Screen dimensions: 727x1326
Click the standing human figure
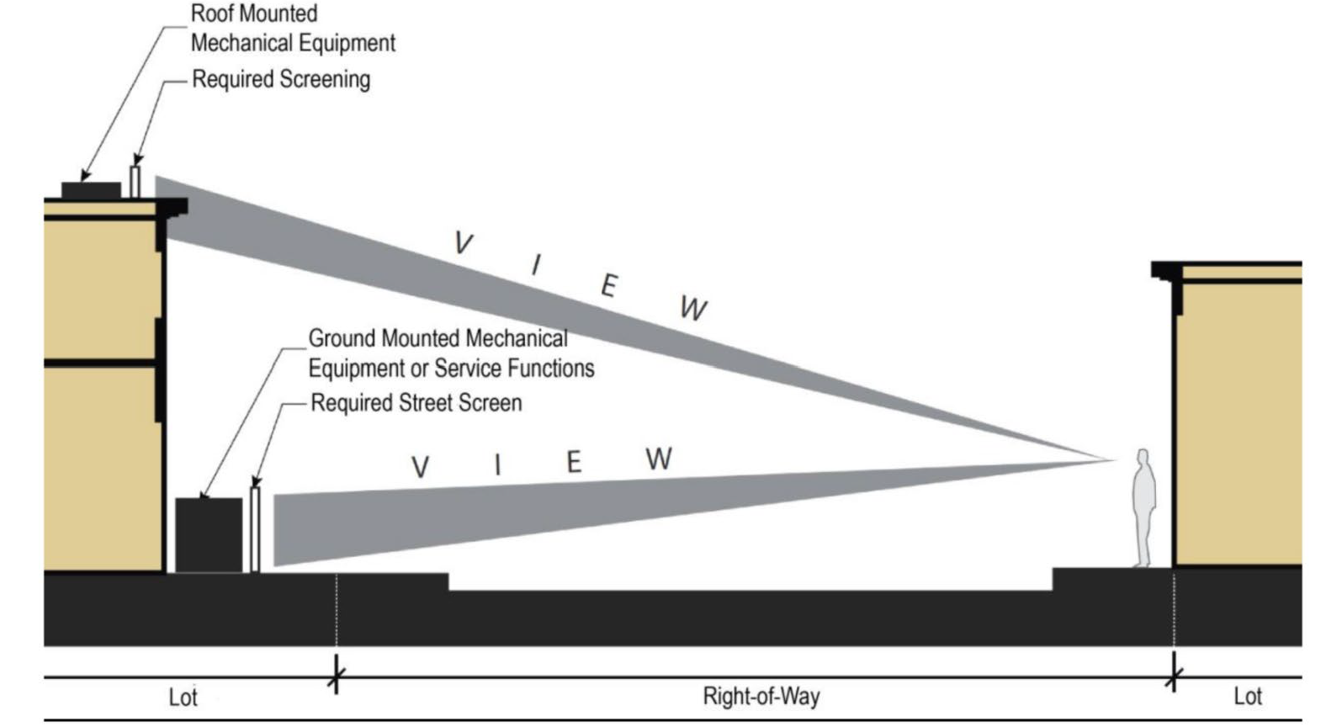pyautogui.click(x=1143, y=510)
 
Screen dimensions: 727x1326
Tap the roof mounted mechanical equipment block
pyautogui.click(x=90, y=191)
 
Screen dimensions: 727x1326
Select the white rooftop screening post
pyautogui.click(x=135, y=181)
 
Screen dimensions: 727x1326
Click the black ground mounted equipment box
pyautogui.click(x=208, y=535)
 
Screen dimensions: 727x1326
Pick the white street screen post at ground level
pyautogui.click(x=255, y=529)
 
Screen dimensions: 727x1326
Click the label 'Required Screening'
pyautogui.click(x=281, y=79)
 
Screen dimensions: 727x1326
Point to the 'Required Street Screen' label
pyautogui.click(x=416, y=403)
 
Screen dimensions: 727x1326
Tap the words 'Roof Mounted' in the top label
pyautogui.click(x=254, y=14)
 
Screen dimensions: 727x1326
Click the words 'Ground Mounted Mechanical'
pyautogui.click(x=438, y=338)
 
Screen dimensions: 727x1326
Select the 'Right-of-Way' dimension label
pyautogui.click(x=761, y=697)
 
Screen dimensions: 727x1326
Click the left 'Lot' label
pyautogui.click(x=183, y=698)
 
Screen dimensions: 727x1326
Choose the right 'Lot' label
pyautogui.click(x=1247, y=697)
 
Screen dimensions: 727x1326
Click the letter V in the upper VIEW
pyautogui.click(x=463, y=243)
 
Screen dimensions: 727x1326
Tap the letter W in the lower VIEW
pyautogui.click(x=659, y=459)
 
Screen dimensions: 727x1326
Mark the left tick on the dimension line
pyautogui.click(x=337, y=676)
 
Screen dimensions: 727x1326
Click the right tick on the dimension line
pyautogui.click(x=1174, y=676)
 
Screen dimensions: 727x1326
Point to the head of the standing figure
pyautogui.click(x=1143, y=457)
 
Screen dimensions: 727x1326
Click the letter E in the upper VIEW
pyautogui.click(x=608, y=286)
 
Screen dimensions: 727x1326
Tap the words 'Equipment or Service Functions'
pyautogui.click(x=451, y=369)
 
